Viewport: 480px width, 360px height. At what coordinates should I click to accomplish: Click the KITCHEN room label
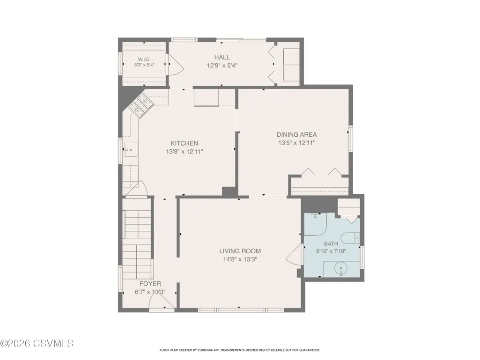click(185, 143)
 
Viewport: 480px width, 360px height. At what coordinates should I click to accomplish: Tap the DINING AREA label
click(296, 134)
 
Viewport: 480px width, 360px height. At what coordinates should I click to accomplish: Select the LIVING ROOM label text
click(240, 251)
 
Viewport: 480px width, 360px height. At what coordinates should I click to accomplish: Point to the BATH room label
click(331, 244)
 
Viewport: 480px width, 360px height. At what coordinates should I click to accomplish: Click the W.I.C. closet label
click(144, 59)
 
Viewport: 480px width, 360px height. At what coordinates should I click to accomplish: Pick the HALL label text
click(222, 57)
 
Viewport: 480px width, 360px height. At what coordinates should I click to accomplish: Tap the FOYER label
click(150, 284)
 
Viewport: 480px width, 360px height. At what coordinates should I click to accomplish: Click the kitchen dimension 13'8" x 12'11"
click(185, 151)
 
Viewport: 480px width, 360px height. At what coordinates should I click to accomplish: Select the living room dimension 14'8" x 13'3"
click(240, 260)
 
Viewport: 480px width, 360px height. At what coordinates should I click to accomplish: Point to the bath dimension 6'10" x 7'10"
click(331, 251)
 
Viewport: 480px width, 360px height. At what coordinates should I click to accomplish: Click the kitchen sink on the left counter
click(130, 150)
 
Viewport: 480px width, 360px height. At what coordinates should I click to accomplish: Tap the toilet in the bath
click(350, 237)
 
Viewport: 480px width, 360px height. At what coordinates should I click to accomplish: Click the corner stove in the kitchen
click(140, 106)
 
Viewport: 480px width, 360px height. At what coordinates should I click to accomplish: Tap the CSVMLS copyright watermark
click(37, 343)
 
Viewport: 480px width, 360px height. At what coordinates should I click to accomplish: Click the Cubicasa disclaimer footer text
click(240, 350)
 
